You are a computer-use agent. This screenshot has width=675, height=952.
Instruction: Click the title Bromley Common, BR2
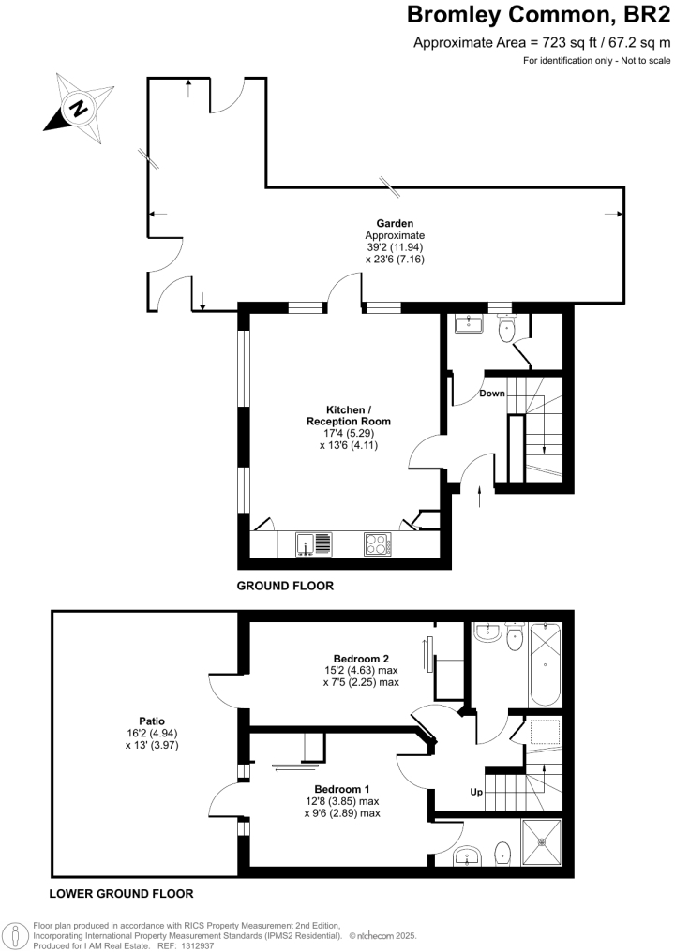[538, 16]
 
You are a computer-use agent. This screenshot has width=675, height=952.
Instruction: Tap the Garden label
[395, 223]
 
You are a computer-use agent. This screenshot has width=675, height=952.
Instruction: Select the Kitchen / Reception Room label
[348, 416]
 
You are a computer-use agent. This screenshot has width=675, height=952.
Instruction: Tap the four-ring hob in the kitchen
[378, 543]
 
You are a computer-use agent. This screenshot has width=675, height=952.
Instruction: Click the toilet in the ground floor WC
[507, 327]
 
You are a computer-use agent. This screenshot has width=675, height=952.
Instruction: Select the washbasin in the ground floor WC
[468, 324]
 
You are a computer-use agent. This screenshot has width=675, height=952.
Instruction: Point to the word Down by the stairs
[492, 394]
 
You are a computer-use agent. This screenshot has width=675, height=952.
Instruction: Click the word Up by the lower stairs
[476, 793]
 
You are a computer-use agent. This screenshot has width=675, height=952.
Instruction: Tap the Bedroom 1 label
[342, 788]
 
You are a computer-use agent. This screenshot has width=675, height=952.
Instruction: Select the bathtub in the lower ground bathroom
[543, 664]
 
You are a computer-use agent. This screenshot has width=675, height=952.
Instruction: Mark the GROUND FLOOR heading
[284, 586]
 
